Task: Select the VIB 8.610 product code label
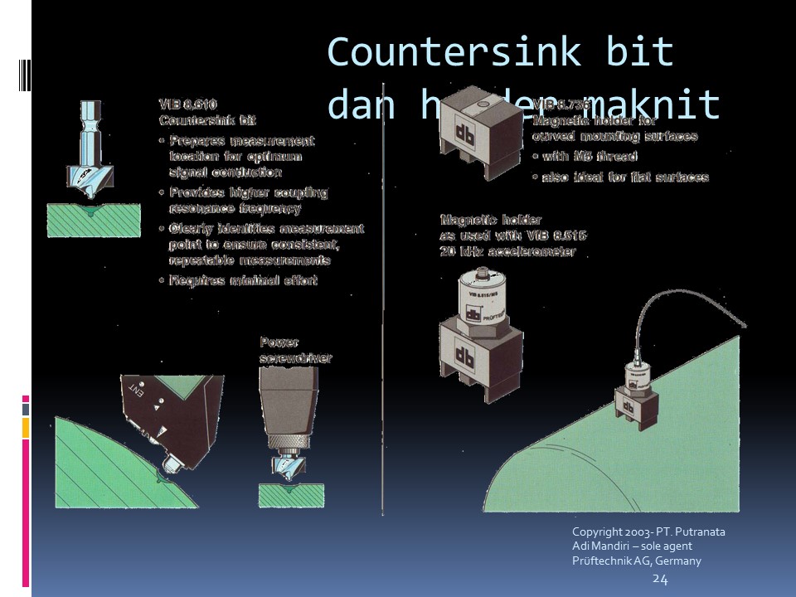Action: tap(187, 104)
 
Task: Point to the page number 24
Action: tap(660, 579)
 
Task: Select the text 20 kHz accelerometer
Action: tap(507, 251)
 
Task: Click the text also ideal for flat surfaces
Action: tap(624, 177)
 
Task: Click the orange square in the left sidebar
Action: tap(26, 427)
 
